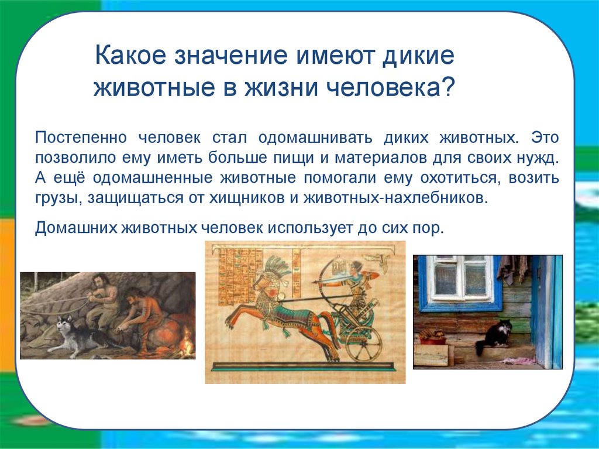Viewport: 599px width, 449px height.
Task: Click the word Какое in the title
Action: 130,54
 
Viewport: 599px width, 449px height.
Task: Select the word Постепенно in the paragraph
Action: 81,138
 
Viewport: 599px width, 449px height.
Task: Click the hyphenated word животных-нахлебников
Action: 396,198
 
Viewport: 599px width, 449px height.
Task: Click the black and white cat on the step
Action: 493,336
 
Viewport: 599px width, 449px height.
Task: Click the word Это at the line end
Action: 545,138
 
